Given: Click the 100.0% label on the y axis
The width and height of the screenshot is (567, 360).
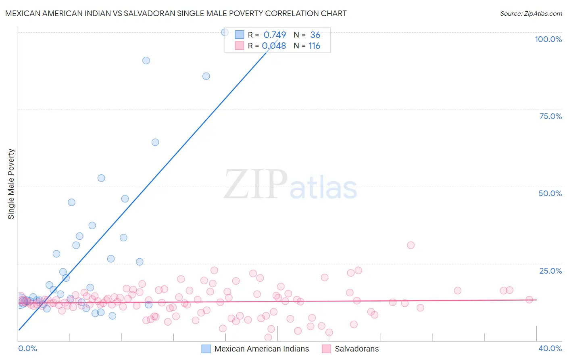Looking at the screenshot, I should [x=548, y=39].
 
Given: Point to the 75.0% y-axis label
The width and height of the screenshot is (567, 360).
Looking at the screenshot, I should [x=550, y=116].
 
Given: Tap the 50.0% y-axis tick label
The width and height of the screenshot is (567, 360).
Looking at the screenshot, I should [x=550, y=193].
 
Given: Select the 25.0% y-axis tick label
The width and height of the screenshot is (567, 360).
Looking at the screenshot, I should [x=550, y=270].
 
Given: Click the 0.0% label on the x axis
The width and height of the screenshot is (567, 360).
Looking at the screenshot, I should [x=27, y=348].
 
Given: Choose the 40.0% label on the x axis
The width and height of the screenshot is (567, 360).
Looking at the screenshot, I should [x=550, y=348].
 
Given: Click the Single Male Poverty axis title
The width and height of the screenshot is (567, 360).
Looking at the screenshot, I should [x=11, y=184].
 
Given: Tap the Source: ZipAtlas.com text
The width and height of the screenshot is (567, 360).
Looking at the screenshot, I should [x=531, y=13].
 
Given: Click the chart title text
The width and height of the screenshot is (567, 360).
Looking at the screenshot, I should [x=176, y=13].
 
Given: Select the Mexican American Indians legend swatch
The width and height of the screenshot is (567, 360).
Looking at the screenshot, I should [x=206, y=349].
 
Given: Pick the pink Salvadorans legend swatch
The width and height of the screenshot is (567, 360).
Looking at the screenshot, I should [x=326, y=349].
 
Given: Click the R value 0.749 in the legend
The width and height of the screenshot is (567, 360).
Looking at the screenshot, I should [x=275, y=35].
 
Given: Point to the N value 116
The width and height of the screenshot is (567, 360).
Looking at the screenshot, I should [x=314, y=46].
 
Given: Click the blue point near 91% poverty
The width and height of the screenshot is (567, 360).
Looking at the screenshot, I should [x=146, y=61].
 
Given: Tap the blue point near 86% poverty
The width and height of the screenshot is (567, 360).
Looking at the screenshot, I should [x=206, y=76].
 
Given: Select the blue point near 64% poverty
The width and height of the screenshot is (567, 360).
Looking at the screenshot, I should [x=155, y=142].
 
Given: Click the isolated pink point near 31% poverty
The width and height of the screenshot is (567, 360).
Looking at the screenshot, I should [x=411, y=245].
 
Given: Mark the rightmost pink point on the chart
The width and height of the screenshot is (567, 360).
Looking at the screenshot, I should [x=529, y=299].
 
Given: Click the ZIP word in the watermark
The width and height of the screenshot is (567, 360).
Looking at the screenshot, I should [x=256, y=184].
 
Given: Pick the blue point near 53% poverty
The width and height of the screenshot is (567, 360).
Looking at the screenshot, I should [x=101, y=178].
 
